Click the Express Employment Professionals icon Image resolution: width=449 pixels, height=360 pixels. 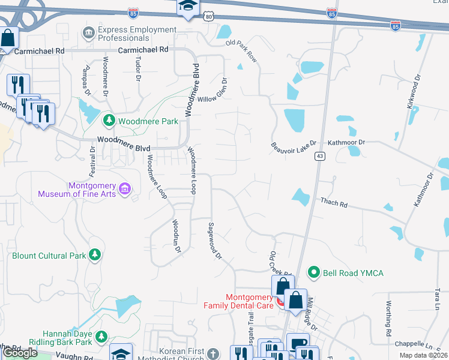(89, 31)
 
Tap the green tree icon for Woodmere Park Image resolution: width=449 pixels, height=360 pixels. (109, 121)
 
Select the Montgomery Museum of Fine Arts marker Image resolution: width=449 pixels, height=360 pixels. (125, 190)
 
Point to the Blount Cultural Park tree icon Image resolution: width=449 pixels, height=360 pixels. (94, 255)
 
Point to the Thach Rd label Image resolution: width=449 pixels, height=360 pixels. (334, 203)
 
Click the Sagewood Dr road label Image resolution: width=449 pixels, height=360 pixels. (214, 241)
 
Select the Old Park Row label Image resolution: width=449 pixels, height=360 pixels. (241, 52)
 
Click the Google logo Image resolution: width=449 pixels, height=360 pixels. (20, 353)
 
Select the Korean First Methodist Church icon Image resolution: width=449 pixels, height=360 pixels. (214, 352)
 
